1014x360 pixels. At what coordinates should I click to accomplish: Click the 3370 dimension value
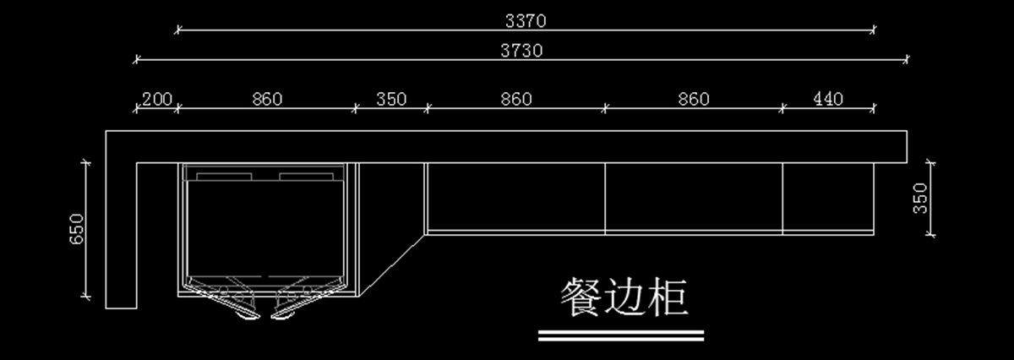point(526,19)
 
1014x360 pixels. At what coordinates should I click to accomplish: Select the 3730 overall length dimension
point(521,50)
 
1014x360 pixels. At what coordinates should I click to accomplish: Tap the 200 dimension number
point(157,100)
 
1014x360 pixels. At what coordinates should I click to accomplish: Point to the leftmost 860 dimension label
point(267,100)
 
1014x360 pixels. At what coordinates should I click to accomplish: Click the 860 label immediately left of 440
point(694,100)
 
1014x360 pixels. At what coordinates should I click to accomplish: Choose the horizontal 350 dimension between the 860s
point(391,100)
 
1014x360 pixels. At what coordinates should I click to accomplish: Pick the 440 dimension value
point(828,100)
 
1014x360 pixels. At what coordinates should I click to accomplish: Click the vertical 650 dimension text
point(76,230)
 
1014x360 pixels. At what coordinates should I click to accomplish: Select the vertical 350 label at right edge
point(921,199)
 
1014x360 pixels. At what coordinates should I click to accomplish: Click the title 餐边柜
point(624,298)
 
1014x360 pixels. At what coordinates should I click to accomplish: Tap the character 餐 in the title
point(581,298)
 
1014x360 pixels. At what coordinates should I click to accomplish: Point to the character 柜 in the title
point(668,298)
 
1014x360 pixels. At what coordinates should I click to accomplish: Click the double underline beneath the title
point(621,335)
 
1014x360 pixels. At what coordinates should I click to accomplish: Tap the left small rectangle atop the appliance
point(225,176)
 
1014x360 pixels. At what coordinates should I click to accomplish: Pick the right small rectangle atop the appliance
point(308,176)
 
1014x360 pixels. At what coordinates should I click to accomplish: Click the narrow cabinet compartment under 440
point(828,198)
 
